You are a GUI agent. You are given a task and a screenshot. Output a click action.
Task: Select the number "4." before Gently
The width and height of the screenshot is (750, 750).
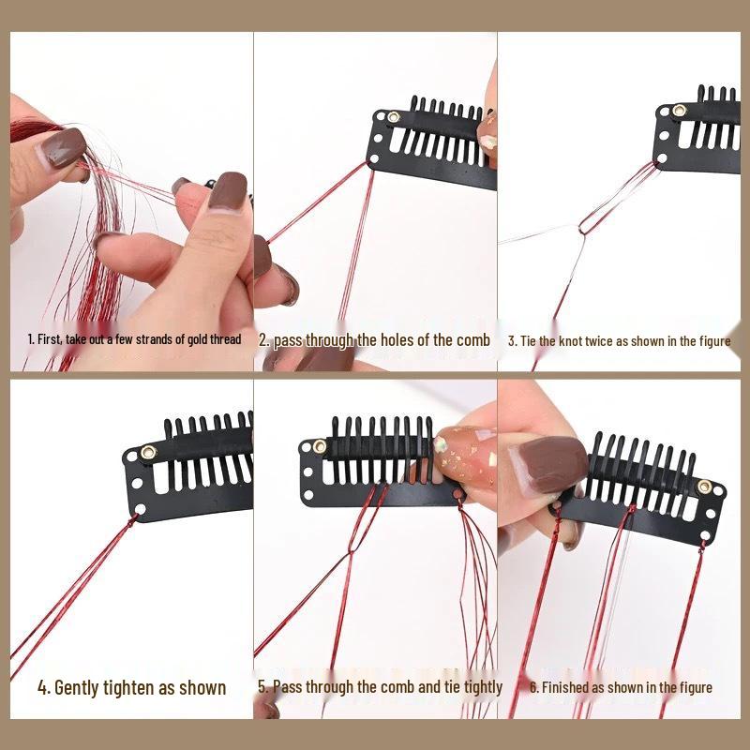(x=43, y=687)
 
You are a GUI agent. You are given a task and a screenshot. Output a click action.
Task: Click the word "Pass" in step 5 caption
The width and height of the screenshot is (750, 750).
(x=287, y=686)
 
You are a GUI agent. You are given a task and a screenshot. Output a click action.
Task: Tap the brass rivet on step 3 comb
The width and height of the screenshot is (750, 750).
(x=678, y=111)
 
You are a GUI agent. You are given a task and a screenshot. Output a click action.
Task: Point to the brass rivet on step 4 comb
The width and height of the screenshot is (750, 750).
(x=148, y=454)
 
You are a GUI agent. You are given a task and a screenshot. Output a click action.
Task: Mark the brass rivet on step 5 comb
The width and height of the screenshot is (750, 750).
(x=320, y=446)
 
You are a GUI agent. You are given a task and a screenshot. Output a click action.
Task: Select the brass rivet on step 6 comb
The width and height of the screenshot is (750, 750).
(x=704, y=487)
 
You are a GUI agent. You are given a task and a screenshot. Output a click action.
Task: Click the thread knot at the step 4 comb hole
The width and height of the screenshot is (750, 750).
(x=140, y=512)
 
